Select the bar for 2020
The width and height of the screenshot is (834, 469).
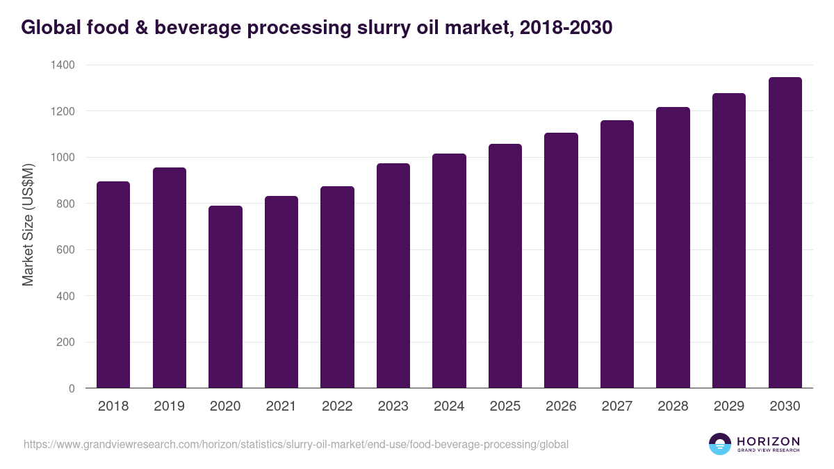(225, 297)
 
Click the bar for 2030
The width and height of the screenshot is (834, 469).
(785, 233)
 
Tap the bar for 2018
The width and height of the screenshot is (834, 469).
(113, 285)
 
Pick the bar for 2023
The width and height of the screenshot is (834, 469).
(393, 276)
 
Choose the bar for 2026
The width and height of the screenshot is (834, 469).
(561, 261)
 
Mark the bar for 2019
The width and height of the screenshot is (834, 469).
(170, 278)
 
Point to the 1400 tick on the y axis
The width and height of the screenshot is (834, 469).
(62, 65)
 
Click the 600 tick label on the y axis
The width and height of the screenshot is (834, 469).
(67, 250)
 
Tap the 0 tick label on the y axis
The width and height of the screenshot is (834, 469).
(72, 388)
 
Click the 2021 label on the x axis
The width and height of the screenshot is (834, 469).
(281, 406)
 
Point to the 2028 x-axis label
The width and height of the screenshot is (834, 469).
(673, 406)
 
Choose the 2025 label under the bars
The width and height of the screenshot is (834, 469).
(505, 406)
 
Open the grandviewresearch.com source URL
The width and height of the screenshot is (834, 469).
(296, 444)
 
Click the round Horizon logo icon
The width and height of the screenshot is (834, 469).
(720, 444)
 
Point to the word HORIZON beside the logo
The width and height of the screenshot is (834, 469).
(768, 441)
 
